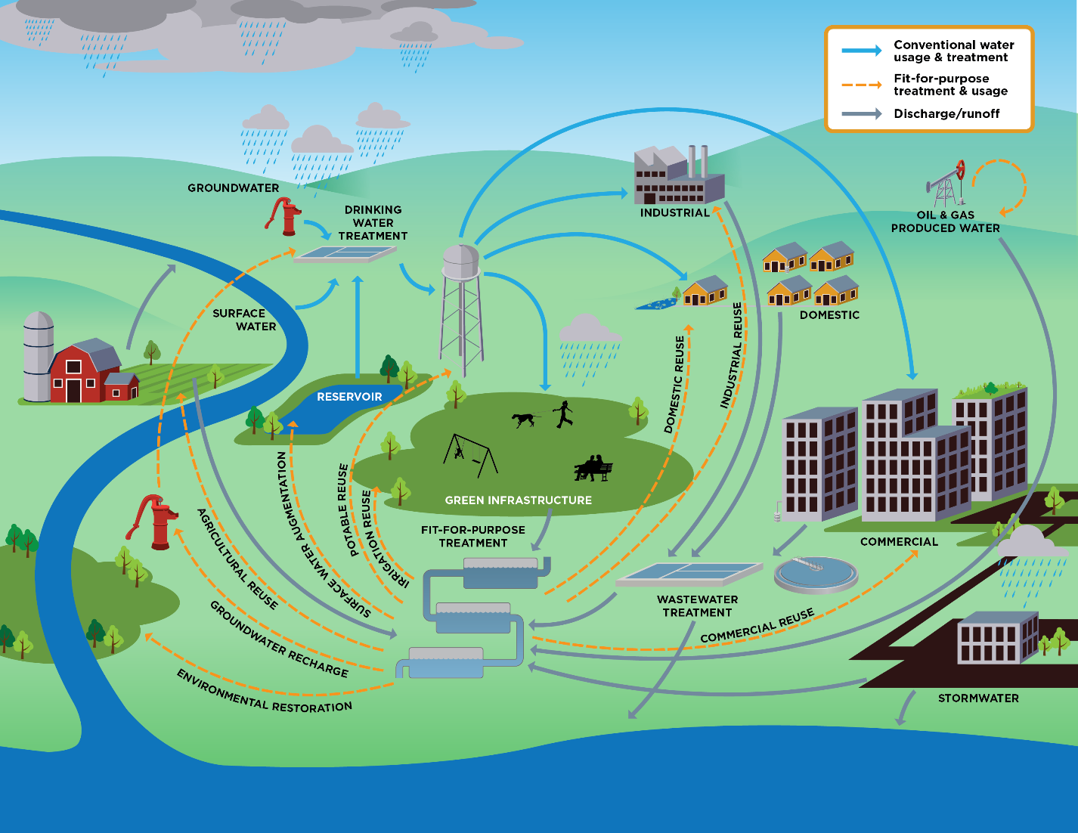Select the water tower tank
(x=460, y=262)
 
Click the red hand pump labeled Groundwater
(x=285, y=216)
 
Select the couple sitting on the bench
(x=593, y=468)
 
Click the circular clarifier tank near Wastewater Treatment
(x=816, y=574)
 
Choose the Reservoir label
(x=349, y=397)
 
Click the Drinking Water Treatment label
(x=373, y=223)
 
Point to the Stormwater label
(x=978, y=698)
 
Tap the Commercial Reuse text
(x=757, y=627)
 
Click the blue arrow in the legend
(x=862, y=51)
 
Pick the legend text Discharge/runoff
(x=946, y=113)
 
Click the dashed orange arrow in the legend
(x=862, y=85)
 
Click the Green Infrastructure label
(x=518, y=500)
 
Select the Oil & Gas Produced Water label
(x=945, y=221)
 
